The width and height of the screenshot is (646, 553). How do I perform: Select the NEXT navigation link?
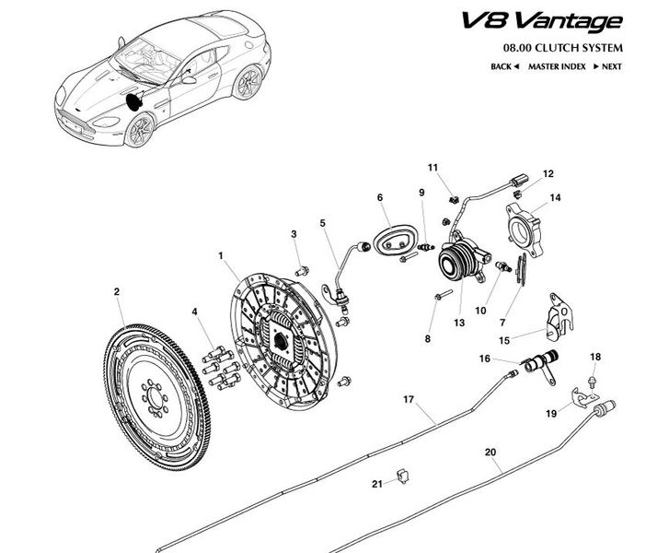pos(608,66)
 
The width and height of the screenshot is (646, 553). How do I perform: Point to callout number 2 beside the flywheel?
pos(117,292)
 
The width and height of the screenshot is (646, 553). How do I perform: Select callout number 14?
pos(556,197)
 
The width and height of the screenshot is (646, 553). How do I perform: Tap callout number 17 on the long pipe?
pos(409,399)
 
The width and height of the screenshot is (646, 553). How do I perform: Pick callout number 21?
pos(376,484)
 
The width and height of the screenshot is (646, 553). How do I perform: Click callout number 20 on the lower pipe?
pos(490,452)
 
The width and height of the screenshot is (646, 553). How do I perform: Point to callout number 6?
pos(378,197)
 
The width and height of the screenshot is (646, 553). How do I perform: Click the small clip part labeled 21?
pos(401,476)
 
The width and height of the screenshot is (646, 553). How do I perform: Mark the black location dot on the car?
pos(135,99)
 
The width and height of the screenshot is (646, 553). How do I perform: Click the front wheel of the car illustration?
pos(141,132)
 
